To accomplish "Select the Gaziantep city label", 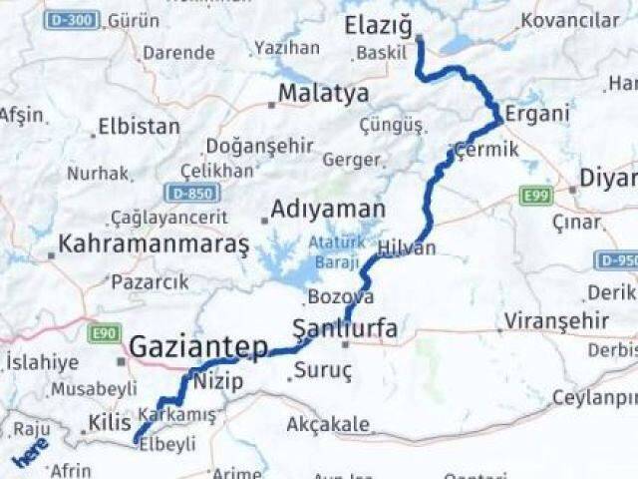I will (x=199, y=348).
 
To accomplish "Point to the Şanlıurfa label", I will (x=345, y=327).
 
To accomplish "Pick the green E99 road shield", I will (x=535, y=198).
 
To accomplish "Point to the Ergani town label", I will (x=537, y=114).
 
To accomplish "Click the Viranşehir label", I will (x=556, y=321).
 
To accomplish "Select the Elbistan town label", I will (x=141, y=127).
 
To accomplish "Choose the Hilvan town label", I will (x=407, y=247).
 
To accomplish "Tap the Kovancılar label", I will (x=570, y=20).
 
